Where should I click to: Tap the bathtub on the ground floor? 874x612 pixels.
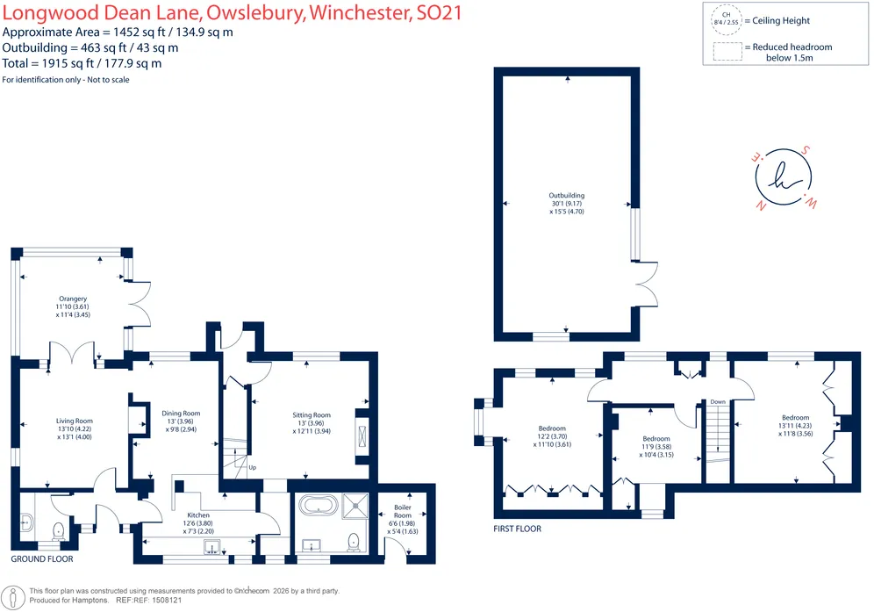(x=319, y=505)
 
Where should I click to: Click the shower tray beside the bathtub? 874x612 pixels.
(x=355, y=506)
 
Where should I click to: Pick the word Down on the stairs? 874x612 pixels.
(x=718, y=401)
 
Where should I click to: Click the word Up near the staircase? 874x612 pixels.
(x=253, y=467)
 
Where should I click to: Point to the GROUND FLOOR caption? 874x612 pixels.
(x=42, y=559)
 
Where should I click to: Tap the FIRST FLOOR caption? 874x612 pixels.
(x=517, y=529)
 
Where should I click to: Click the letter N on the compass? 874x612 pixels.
(x=760, y=205)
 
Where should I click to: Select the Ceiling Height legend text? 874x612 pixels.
(x=781, y=21)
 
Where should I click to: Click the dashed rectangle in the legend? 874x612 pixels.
(x=727, y=51)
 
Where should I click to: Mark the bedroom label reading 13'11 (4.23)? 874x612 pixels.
(x=795, y=426)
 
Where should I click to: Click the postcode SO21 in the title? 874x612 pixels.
(x=440, y=13)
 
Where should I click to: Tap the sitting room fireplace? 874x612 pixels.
(x=363, y=436)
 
